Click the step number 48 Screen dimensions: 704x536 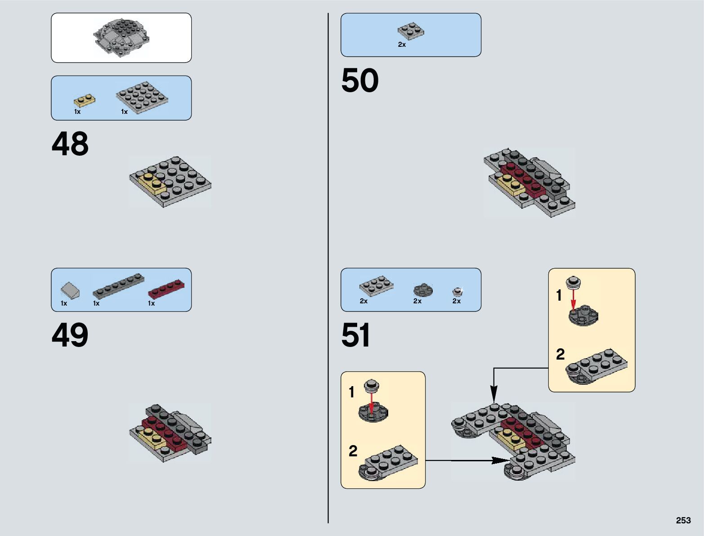point(70,144)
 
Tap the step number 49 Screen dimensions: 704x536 point(70,335)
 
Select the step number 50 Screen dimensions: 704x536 point(360,81)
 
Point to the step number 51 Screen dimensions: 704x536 point(356,335)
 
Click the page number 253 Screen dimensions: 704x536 point(683,520)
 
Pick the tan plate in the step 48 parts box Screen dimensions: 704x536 point(85,100)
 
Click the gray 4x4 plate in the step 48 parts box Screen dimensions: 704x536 point(142,96)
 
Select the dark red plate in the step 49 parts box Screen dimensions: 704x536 point(166,289)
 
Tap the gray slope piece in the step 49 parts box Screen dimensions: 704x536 point(71,290)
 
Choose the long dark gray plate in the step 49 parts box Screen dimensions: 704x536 point(118,286)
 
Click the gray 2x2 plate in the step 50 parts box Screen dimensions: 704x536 point(411,30)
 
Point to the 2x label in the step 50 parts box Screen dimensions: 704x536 point(402,45)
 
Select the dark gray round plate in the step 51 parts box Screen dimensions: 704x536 point(423,290)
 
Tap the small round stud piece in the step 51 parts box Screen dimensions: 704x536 point(457,292)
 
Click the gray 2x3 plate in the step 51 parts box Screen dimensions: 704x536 point(376,285)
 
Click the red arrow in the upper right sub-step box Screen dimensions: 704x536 point(573,298)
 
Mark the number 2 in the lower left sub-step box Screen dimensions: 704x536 point(353,451)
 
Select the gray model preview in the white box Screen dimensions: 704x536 point(121,38)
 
